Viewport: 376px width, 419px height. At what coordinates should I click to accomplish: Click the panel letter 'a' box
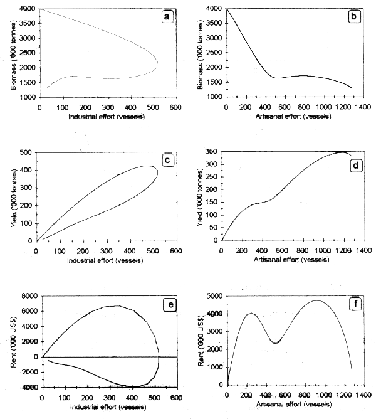click(x=167, y=17)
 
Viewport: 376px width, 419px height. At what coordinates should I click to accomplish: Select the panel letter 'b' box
click(x=355, y=17)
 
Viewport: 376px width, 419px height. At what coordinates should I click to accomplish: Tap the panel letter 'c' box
click(x=167, y=160)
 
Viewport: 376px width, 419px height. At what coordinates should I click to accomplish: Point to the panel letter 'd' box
click(x=355, y=160)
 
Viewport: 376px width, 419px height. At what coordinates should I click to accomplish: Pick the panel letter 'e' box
click(x=167, y=304)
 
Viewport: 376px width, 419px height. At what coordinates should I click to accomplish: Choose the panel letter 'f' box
click(x=355, y=304)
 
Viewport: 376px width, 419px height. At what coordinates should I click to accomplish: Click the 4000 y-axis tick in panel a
click(x=26, y=9)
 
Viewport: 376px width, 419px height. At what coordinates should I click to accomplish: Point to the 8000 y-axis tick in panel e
click(x=26, y=297)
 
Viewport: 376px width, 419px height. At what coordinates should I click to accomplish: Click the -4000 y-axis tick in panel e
click(x=25, y=388)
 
